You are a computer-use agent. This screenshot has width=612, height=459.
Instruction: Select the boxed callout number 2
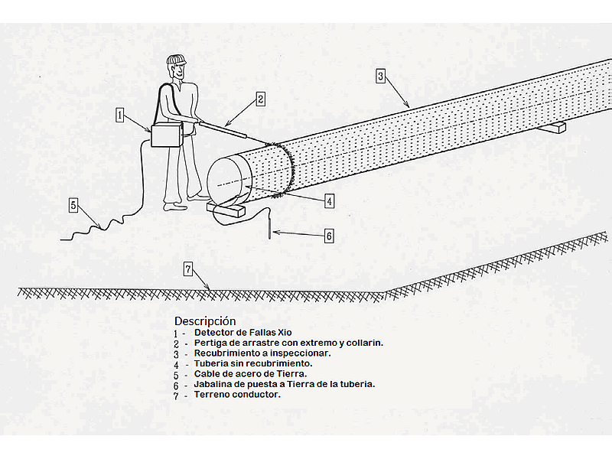(260, 99)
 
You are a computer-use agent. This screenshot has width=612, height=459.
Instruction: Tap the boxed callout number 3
(380, 76)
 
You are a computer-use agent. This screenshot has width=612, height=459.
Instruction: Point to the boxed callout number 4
(329, 201)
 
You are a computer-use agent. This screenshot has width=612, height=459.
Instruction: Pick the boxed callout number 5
(73, 205)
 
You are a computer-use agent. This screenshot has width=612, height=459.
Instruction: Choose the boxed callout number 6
(329, 236)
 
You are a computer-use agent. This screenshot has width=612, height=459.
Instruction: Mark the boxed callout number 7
(189, 269)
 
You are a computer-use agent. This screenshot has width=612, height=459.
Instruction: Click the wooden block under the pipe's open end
(227, 208)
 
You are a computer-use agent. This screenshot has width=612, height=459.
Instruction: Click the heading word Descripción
(205, 321)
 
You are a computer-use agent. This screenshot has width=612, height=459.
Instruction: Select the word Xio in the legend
(284, 333)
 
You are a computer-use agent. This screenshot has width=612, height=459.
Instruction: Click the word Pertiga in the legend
(210, 343)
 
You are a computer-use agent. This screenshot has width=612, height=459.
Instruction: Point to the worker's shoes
(174, 204)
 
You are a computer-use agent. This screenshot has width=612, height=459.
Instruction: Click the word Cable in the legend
(207, 374)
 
